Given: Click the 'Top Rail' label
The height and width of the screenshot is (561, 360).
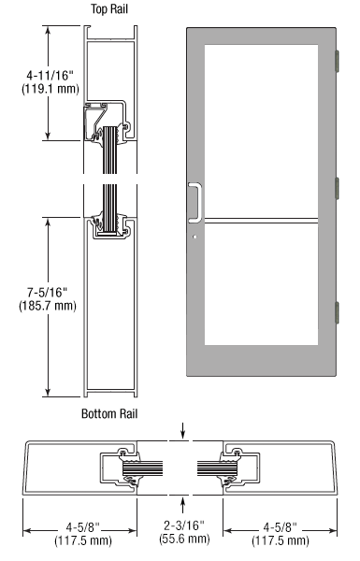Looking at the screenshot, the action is coord(109,9).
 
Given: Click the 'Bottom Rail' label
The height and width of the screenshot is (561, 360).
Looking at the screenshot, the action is coord(109,413).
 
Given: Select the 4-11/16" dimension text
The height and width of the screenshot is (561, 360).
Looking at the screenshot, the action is coord(50,76).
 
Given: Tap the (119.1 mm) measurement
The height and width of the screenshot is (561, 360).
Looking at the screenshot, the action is coord(50,89).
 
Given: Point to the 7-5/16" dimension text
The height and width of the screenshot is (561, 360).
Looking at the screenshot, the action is coord(48,293).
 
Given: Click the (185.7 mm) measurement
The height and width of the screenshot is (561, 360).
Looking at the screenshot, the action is coord(48,306).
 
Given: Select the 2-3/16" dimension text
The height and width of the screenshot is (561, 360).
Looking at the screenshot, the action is coord(184,525).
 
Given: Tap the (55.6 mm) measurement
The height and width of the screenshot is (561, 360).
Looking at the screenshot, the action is coord(184,539).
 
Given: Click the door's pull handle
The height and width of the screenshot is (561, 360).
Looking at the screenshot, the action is coord(195,203).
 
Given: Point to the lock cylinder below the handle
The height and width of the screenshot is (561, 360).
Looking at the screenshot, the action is coord(194,237).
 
